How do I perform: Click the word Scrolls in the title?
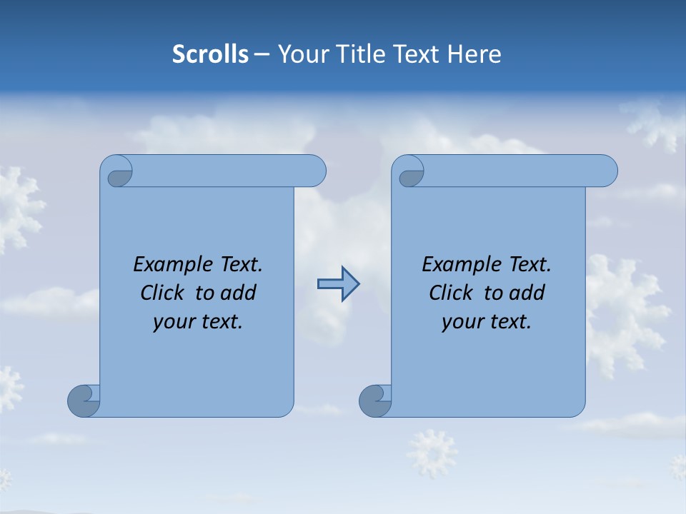pyautogui.click(x=210, y=54)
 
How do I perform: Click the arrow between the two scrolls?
pyautogui.click(x=338, y=284)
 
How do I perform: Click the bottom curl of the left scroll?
pyautogui.click(x=84, y=400)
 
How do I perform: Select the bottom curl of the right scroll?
pyautogui.click(x=375, y=400)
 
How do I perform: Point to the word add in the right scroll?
pyautogui.click(x=527, y=293)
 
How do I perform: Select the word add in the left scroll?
pyautogui.click(x=239, y=293)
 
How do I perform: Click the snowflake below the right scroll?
pyautogui.click(x=432, y=453)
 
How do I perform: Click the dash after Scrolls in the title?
pyautogui.click(x=262, y=54)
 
